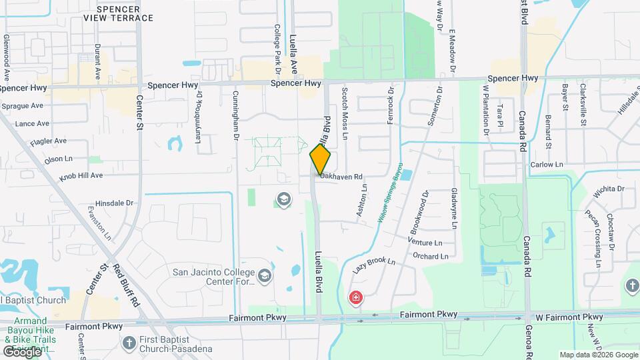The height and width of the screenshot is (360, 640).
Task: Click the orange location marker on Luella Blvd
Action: [321, 159]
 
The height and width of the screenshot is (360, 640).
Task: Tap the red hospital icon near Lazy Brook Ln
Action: [357, 297]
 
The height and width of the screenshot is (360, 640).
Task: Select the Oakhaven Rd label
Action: [341, 177]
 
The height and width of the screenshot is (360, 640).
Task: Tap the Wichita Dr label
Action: [609, 189]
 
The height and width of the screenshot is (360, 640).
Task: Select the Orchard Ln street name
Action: [430, 256]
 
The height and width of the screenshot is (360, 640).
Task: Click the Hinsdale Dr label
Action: [115, 203]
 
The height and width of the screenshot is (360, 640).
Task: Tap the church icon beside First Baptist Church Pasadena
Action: [130, 342]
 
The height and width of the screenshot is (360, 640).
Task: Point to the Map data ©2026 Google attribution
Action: [598, 355]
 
